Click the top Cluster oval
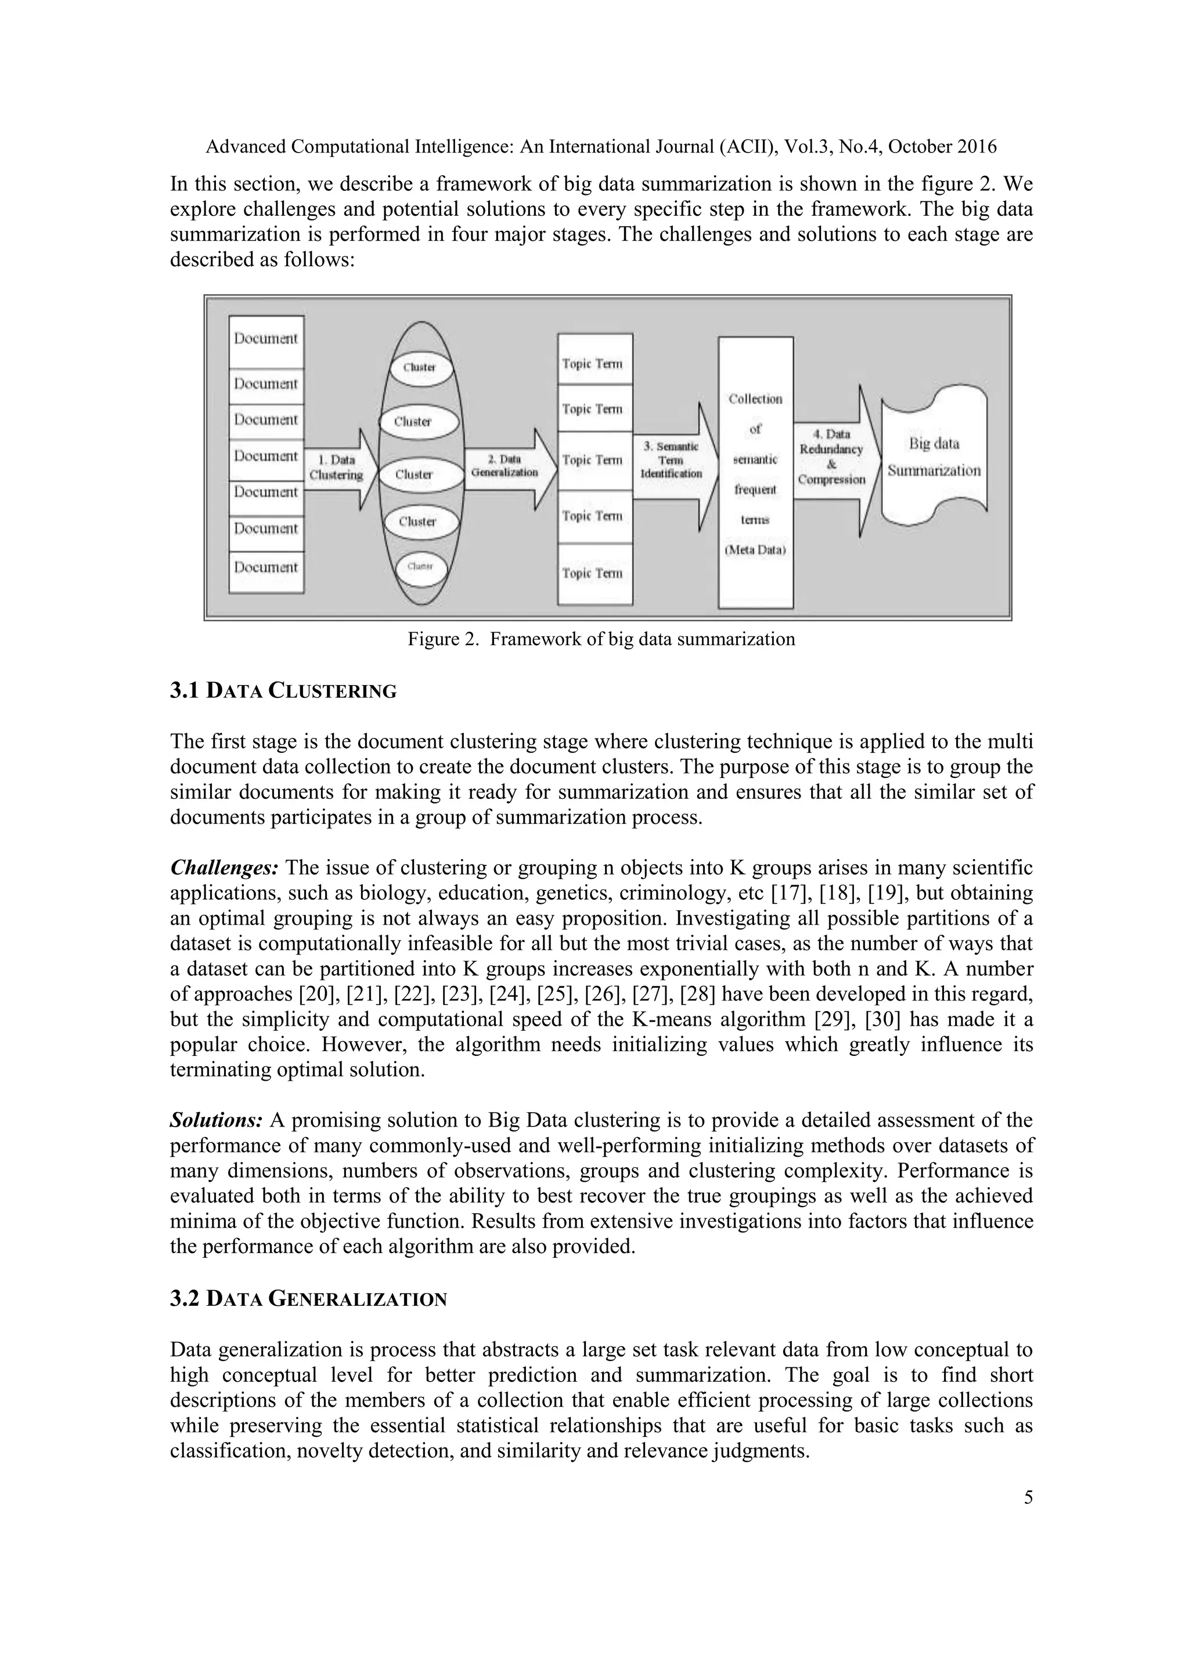420,368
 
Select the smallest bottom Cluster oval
421,567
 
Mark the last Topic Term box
594,574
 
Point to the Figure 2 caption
600,639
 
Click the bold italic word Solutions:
216,1120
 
